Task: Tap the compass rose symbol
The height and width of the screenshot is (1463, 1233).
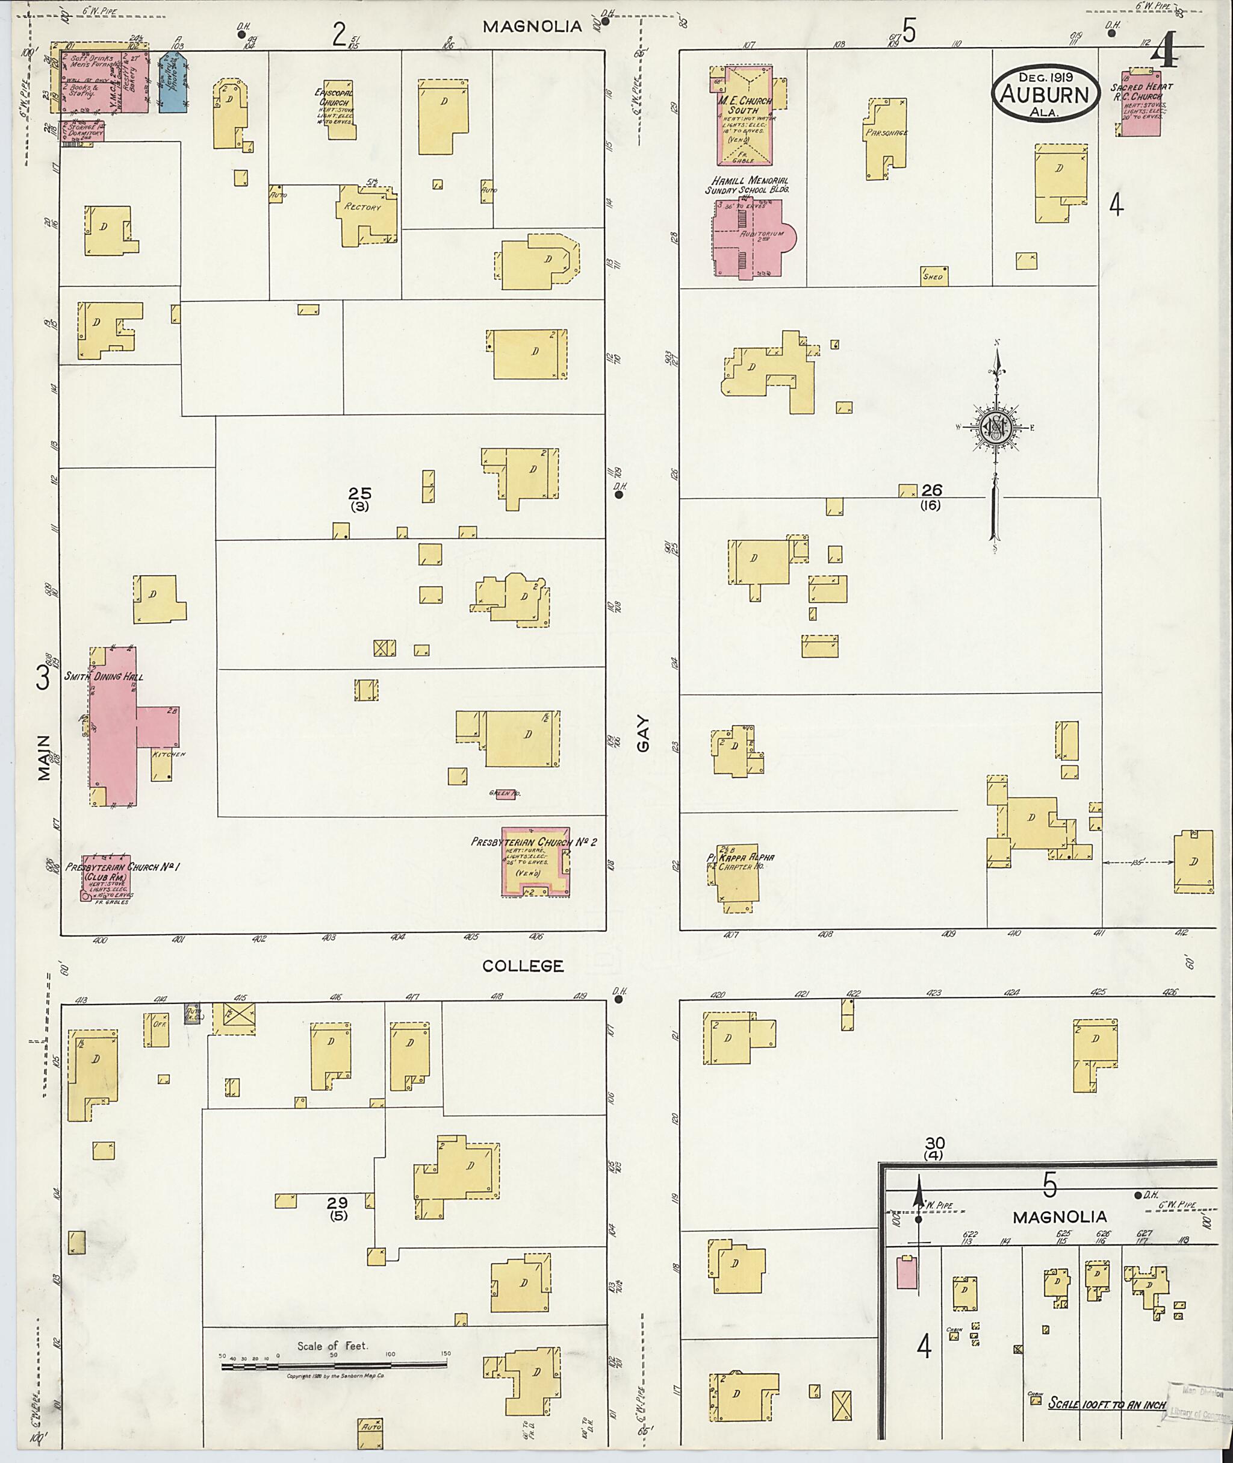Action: [995, 427]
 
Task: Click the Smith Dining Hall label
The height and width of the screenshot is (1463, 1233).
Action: [104, 676]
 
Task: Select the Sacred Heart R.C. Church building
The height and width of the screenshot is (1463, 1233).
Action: [1141, 105]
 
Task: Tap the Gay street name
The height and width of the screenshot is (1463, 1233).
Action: [643, 734]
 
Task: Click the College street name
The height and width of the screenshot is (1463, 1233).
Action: [523, 965]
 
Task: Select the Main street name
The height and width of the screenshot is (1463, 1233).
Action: [45, 756]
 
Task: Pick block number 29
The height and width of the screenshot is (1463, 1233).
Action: [338, 1202]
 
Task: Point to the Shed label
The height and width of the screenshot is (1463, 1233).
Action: [933, 276]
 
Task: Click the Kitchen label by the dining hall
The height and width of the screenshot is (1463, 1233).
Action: [169, 754]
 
